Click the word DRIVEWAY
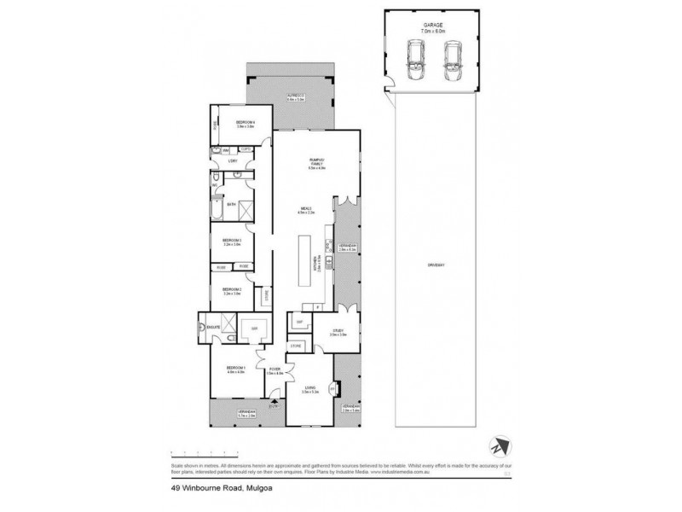[x=437, y=266]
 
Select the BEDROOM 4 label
[x=246, y=124]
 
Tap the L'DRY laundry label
[x=232, y=160]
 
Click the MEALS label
[x=305, y=207]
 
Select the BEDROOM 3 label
[x=233, y=241]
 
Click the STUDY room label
[x=338, y=333]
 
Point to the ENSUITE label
[x=212, y=327]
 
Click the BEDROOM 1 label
[x=235, y=369]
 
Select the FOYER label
[x=274, y=370]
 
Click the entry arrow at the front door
[x=274, y=399]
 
